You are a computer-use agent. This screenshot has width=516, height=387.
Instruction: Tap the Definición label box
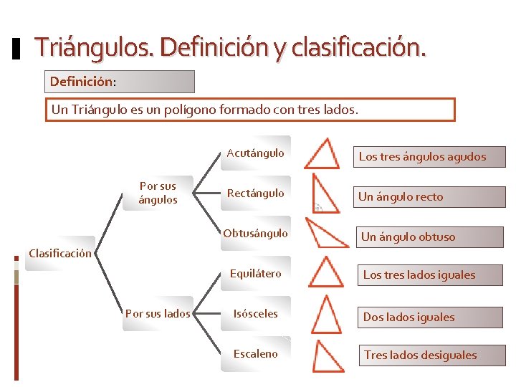pos(120,82)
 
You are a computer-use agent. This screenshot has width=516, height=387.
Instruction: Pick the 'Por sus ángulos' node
pos(158,193)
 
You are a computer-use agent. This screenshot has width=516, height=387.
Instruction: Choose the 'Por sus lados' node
pos(158,313)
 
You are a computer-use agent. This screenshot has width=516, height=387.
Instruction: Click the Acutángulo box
pos(255,153)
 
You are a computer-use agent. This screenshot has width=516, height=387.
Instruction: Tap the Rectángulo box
pos(255,193)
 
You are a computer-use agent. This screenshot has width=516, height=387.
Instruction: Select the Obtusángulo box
pos(255,233)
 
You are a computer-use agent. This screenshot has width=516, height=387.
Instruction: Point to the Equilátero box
pos(255,273)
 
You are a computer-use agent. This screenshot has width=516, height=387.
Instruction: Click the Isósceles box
pos(255,313)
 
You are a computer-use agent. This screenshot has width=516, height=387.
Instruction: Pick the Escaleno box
pos(255,353)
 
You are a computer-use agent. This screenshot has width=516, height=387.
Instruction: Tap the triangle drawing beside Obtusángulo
pos(326,233)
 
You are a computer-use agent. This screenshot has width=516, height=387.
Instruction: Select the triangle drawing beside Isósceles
pos(327,315)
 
